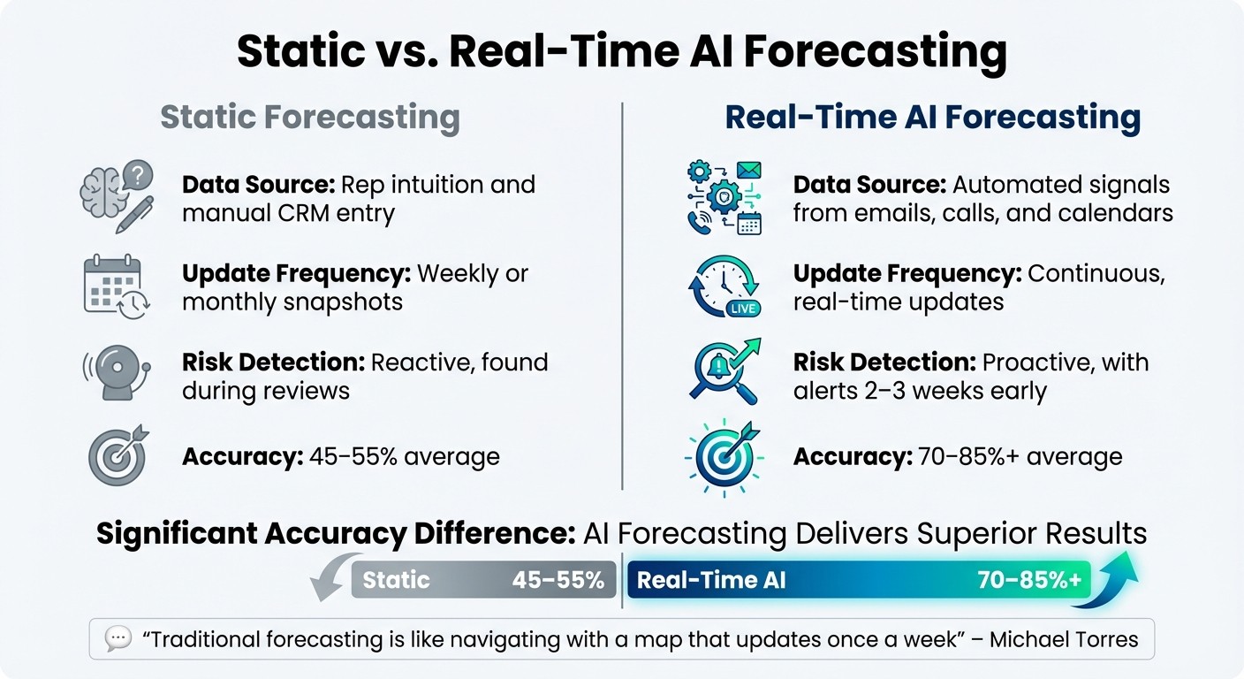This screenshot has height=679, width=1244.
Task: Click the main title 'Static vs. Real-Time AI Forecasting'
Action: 621,52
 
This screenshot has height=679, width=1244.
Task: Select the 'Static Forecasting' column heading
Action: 309,118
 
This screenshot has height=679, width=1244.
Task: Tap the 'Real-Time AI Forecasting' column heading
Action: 932,118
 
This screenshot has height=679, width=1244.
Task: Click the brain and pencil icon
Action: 117,197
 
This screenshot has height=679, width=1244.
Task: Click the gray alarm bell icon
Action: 116,373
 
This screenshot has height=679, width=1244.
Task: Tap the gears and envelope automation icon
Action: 724,197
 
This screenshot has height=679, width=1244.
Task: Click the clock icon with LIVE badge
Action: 724,286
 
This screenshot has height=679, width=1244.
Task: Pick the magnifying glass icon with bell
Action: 724,371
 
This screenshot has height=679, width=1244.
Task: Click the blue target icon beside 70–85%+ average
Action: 724,456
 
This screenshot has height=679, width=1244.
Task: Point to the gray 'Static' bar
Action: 483,580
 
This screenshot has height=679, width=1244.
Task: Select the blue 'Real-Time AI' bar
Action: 859,580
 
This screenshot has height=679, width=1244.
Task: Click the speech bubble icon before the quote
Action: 118,638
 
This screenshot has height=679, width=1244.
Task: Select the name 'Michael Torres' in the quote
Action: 1064,638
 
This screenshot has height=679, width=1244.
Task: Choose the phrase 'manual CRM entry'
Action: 288,213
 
